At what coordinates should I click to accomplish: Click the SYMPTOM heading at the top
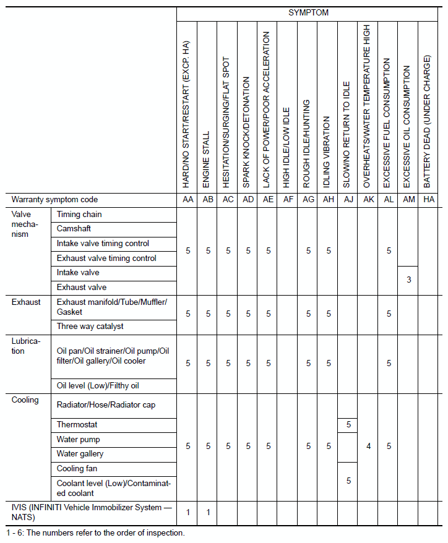[308, 12]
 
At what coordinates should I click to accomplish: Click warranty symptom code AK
[368, 200]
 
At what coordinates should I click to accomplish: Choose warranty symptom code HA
[428, 200]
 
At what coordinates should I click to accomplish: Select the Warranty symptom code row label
[54, 200]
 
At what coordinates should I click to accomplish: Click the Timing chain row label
[79, 215]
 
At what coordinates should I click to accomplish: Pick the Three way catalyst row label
[90, 326]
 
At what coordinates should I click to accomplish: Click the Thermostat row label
[77, 425]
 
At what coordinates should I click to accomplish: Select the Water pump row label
[78, 440]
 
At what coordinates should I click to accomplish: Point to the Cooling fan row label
[77, 469]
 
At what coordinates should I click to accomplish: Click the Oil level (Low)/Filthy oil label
[98, 386]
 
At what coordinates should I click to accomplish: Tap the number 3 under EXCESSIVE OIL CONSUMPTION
[408, 280]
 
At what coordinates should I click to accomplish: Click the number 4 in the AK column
[368, 446]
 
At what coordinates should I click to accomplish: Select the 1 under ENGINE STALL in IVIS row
[208, 512]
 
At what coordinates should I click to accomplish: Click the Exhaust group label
[26, 302]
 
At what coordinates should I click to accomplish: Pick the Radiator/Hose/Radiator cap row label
[106, 405]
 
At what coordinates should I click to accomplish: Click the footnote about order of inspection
[95, 532]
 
